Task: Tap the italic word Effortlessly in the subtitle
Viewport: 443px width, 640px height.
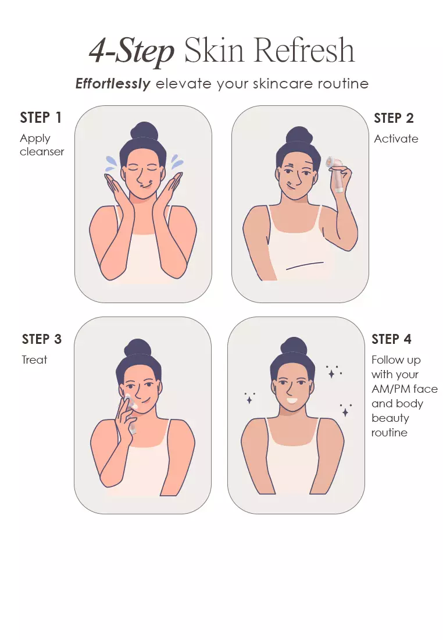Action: (113, 84)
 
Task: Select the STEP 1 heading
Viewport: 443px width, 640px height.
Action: (41, 118)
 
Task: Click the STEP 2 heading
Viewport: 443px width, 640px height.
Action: (394, 118)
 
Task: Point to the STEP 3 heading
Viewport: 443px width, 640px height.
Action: (42, 339)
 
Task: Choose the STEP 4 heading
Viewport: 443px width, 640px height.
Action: (391, 339)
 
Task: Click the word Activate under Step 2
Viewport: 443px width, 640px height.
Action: (396, 138)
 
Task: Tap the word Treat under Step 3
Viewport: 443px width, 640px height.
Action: (34, 360)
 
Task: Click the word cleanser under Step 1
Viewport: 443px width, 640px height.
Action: (42, 152)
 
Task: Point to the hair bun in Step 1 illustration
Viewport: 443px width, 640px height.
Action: (144, 131)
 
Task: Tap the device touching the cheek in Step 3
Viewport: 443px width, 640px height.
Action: (127, 402)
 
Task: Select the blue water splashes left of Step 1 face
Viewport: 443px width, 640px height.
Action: (110, 163)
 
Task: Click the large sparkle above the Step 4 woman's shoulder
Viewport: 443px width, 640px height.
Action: (331, 373)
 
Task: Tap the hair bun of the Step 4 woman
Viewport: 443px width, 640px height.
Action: (296, 347)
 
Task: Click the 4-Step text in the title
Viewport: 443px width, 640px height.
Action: (132, 51)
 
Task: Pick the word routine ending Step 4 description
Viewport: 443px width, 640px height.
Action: (390, 432)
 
